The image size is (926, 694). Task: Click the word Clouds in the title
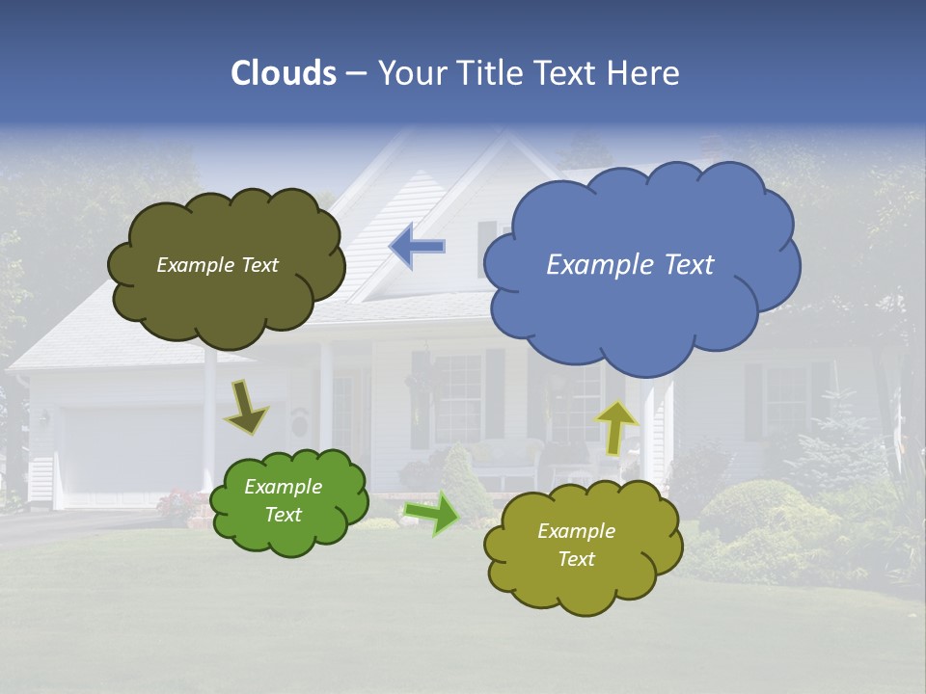(283, 73)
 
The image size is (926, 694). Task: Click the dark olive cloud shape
(227, 304)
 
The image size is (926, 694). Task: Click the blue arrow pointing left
(417, 246)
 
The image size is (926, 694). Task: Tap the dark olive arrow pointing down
(246, 407)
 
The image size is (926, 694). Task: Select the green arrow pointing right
(432, 514)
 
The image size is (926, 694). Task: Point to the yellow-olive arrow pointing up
(615, 427)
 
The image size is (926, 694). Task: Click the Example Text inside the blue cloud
(630, 264)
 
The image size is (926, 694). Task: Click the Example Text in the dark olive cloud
(217, 265)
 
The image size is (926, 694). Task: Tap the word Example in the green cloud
(283, 487)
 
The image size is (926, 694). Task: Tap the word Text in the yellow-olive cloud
(576, 559)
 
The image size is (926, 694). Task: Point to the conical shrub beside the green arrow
(468, 487)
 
